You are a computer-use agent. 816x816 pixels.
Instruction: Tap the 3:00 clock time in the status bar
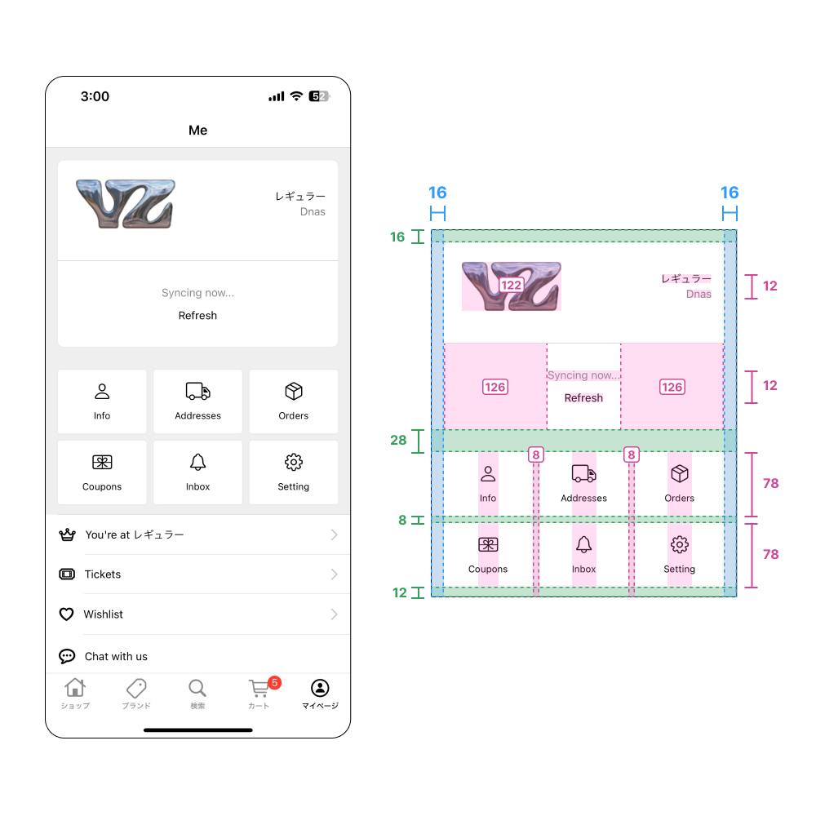[95, 96]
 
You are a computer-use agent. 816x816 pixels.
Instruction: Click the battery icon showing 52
[318, 96]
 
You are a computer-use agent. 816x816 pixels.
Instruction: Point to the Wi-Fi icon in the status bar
[296, 96]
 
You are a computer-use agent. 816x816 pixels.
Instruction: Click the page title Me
[197, 131]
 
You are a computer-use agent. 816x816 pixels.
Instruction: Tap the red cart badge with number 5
[274, 682]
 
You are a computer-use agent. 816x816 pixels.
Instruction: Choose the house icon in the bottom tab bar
[75, 687]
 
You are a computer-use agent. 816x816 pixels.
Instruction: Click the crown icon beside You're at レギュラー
[67, 535]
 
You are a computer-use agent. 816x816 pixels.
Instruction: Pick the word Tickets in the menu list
[103, 574]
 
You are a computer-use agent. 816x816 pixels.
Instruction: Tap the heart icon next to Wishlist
[67, 614]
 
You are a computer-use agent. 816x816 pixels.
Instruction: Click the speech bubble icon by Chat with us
[67, 656]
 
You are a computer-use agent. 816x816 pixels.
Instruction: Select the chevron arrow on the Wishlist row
[334, 614]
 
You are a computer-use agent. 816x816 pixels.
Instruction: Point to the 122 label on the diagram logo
[511, 286]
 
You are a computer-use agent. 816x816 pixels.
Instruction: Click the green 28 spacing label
[398, 441]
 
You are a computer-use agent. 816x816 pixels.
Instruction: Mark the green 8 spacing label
[402, 520]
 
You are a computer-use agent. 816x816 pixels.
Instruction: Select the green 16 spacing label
[397, 237]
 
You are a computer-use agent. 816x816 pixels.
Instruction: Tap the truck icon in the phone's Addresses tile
[197, 392]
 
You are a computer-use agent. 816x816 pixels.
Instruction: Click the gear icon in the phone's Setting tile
[293, 463]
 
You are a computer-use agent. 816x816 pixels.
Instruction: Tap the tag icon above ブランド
[136, 687]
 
